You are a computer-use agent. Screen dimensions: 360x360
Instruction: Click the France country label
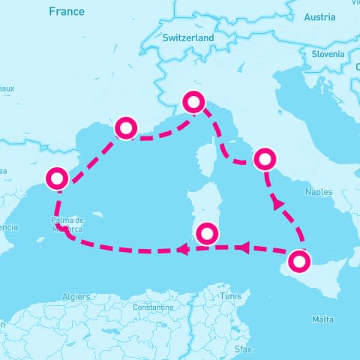pos(66,11)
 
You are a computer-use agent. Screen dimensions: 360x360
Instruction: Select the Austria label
pos(320,16)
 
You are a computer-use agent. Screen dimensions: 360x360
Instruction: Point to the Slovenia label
pos(328,54)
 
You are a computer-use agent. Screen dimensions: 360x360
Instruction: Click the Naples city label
pos(319,192)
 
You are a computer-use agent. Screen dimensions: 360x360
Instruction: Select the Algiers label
pos(76,297)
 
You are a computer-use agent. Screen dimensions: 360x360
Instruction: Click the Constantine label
pos(152,307)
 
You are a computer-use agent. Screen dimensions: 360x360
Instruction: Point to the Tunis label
pos(231,297)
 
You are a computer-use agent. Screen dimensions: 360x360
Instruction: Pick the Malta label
pos(322,320)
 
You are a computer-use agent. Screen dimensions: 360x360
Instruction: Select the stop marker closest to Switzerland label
pos(194,102)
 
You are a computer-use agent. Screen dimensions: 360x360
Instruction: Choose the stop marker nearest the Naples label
pos(265,159)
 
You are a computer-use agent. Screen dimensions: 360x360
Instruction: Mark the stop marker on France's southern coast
pos(124,128)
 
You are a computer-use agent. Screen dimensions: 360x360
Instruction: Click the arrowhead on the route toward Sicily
pos(277,202)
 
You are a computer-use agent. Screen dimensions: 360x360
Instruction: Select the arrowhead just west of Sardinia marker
pos(181,249)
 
